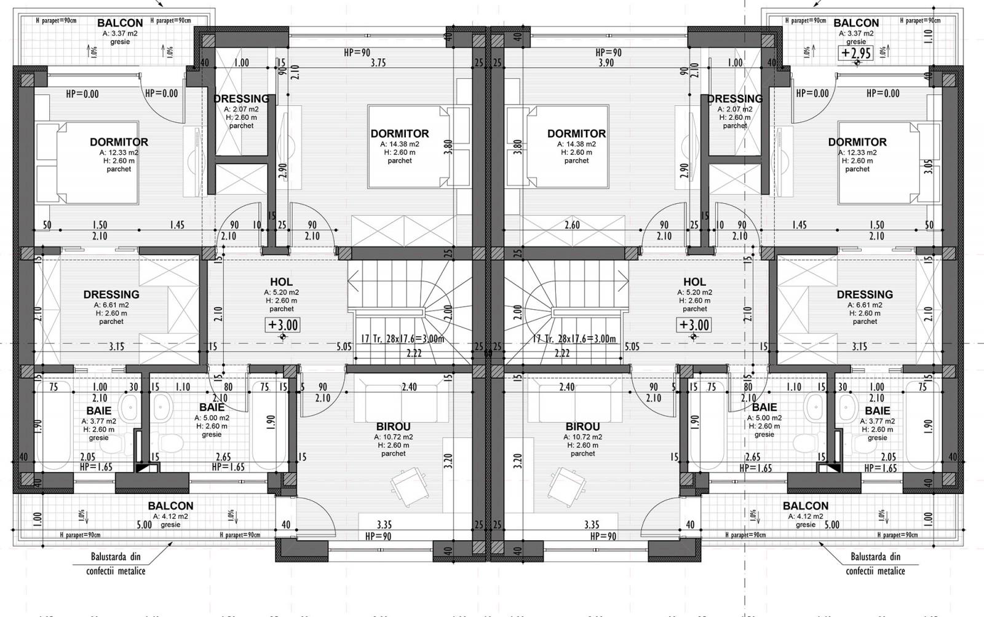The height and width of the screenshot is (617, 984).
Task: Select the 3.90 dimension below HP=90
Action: pos(608,63)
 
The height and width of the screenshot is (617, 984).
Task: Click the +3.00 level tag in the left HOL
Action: pos(283,324)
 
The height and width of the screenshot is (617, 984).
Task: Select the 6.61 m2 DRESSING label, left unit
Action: pos(111,294)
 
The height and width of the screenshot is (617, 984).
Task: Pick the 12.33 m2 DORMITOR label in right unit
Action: pos(857,142)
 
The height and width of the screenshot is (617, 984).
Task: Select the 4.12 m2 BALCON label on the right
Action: pos(805,506)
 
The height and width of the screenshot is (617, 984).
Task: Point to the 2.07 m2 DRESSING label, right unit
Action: pos(734,99)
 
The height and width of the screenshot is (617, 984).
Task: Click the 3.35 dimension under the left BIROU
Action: pos(384,525)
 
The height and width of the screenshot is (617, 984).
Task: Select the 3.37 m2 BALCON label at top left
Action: pos(119,23)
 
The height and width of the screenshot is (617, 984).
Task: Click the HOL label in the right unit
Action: pos(694,283)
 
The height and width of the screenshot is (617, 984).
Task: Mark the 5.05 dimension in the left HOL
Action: pos(344,347)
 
